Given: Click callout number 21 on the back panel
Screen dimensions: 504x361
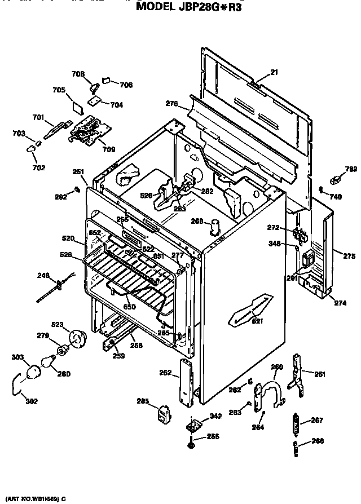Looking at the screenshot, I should coord(274,72).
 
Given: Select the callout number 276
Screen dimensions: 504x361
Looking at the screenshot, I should coord(171,104).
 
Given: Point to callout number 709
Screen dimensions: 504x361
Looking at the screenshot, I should coord(108,149).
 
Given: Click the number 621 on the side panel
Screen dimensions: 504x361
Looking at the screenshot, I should coord(257,321).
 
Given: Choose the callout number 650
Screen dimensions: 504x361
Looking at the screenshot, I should coord(130,306).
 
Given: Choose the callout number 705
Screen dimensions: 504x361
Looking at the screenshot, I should coord(59,90).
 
